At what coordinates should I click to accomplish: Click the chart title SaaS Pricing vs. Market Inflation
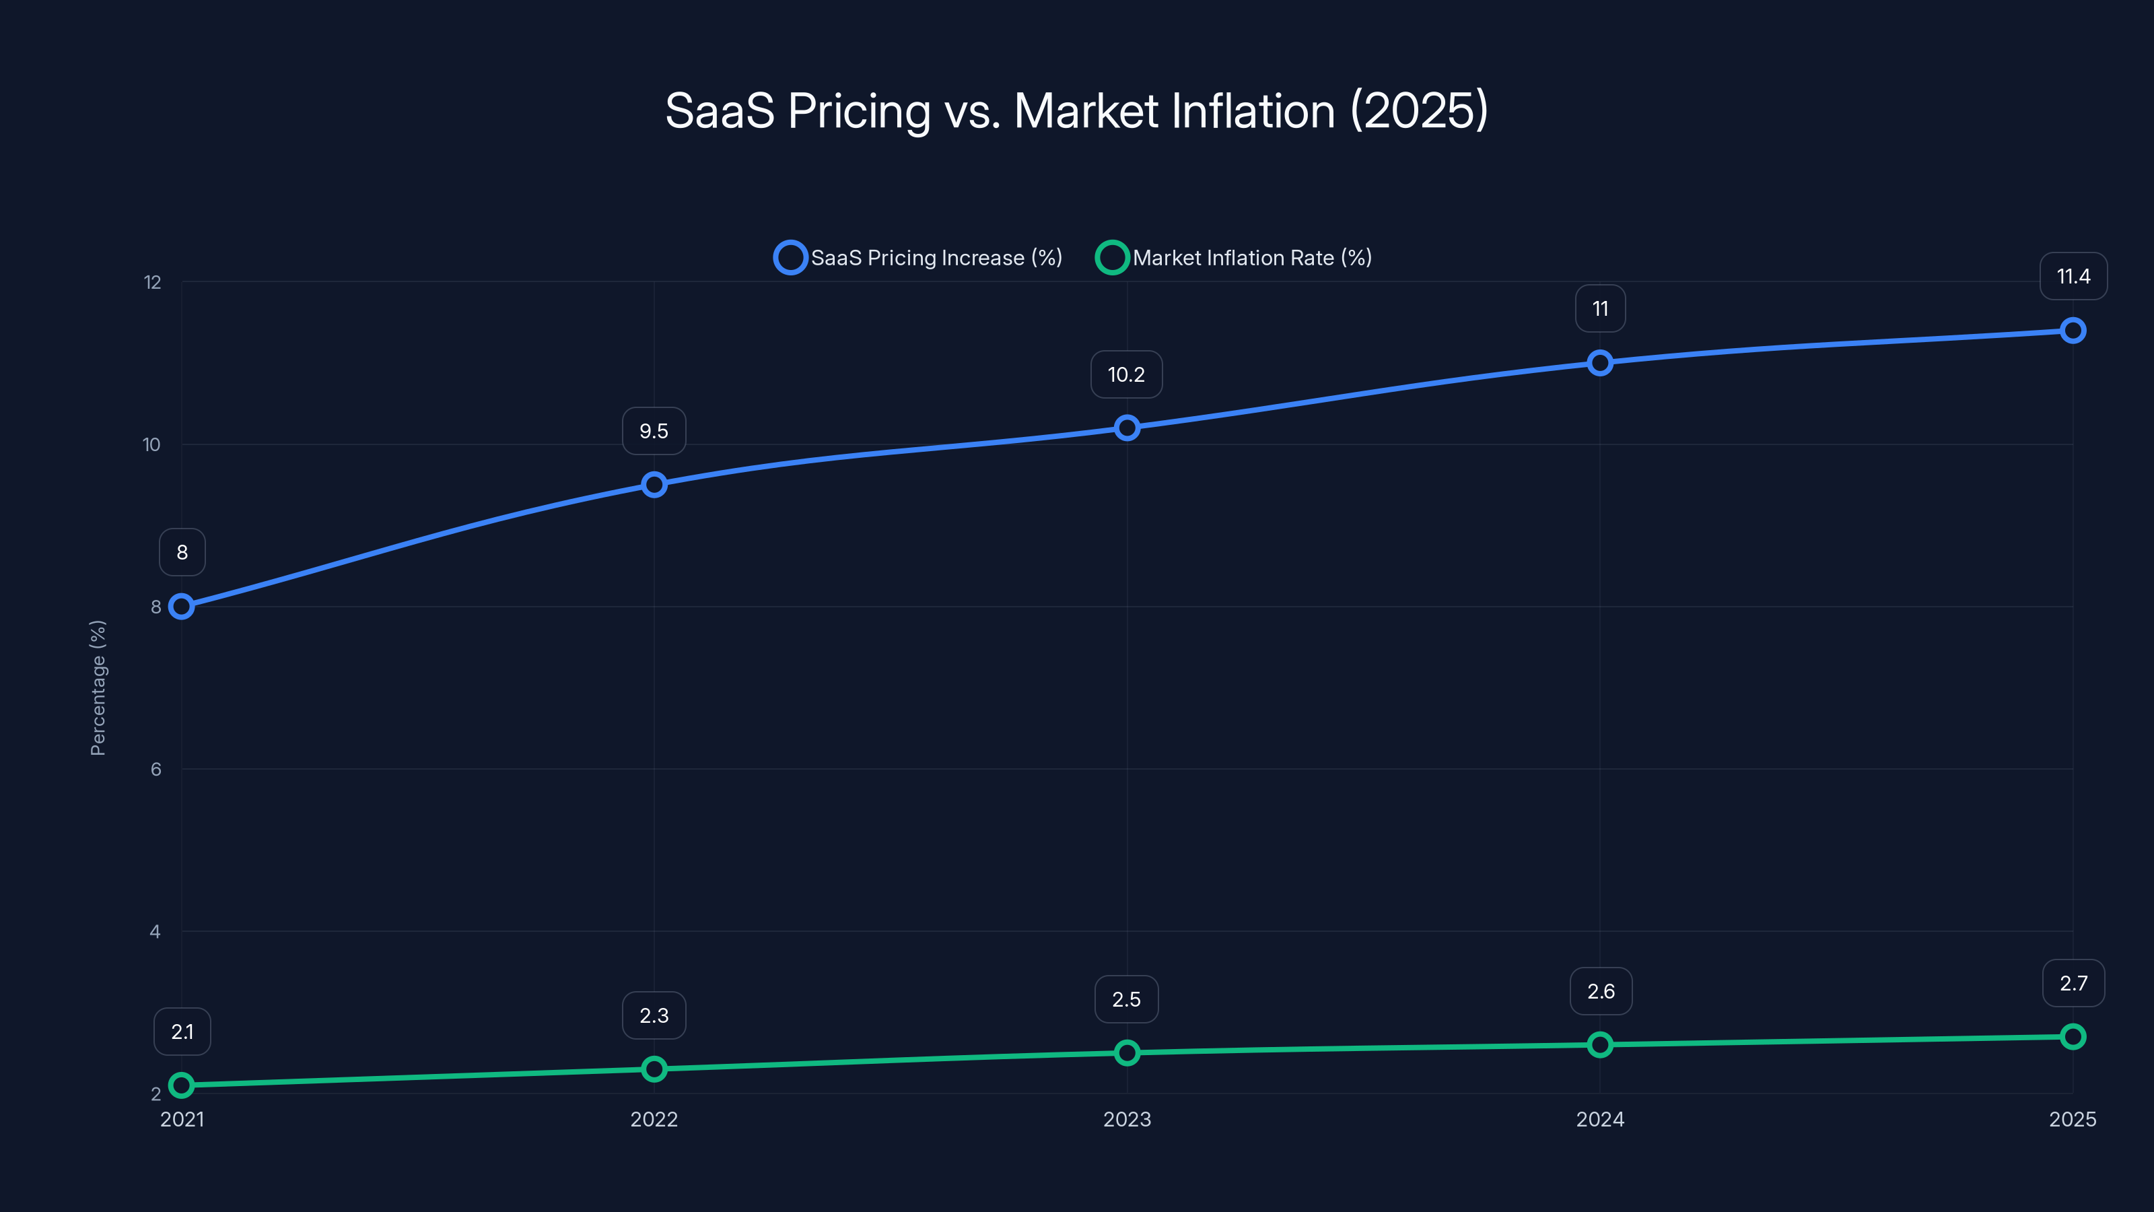[1076, 111]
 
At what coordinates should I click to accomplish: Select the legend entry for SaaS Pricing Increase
[918, 258]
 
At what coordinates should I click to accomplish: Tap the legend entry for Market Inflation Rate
[1235, 258]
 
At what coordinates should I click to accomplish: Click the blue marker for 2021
[182, 607]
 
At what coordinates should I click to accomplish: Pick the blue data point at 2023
[1126, 428]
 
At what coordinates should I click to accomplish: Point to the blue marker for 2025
[2072, 331]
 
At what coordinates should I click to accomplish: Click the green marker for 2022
[654, 1069]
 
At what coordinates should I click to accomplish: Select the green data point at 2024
[1599, 1045]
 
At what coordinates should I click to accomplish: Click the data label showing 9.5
[654, 432]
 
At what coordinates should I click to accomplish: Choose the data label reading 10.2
[1126, 375]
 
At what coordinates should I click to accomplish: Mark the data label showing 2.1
[182, 1032]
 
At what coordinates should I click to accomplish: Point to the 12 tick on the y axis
[152, 283]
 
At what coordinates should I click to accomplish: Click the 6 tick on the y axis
[155, 770]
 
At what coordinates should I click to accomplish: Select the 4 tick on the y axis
[155, 932]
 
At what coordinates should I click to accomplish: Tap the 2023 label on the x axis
[1126, 1119]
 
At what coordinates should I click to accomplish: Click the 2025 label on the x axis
[2072, 1119]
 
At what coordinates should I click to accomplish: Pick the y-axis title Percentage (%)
[98, 687]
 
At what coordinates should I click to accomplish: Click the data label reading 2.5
[1126, 999]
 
